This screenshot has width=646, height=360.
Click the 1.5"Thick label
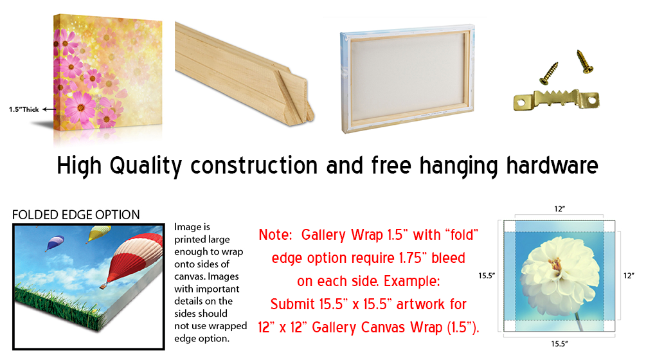tap(24, 109)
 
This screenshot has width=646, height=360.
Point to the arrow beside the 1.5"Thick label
tap(49, 109)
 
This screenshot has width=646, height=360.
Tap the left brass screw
tap(549, 73)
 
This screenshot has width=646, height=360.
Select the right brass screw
tap(584, 61)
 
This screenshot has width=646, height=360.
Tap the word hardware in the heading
tap(552, 166)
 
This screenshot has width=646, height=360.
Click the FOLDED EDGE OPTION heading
tap(76, 215)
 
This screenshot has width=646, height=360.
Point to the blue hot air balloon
tap(55, 242)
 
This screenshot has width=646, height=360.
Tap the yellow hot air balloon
tap(99, 233)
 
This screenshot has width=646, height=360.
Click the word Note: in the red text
tap(275, 235)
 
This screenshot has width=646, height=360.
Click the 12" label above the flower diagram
tap(559, 209)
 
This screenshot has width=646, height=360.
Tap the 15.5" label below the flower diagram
tap(559, 343)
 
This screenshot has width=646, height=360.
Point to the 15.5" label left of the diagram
tap(487, 276)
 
